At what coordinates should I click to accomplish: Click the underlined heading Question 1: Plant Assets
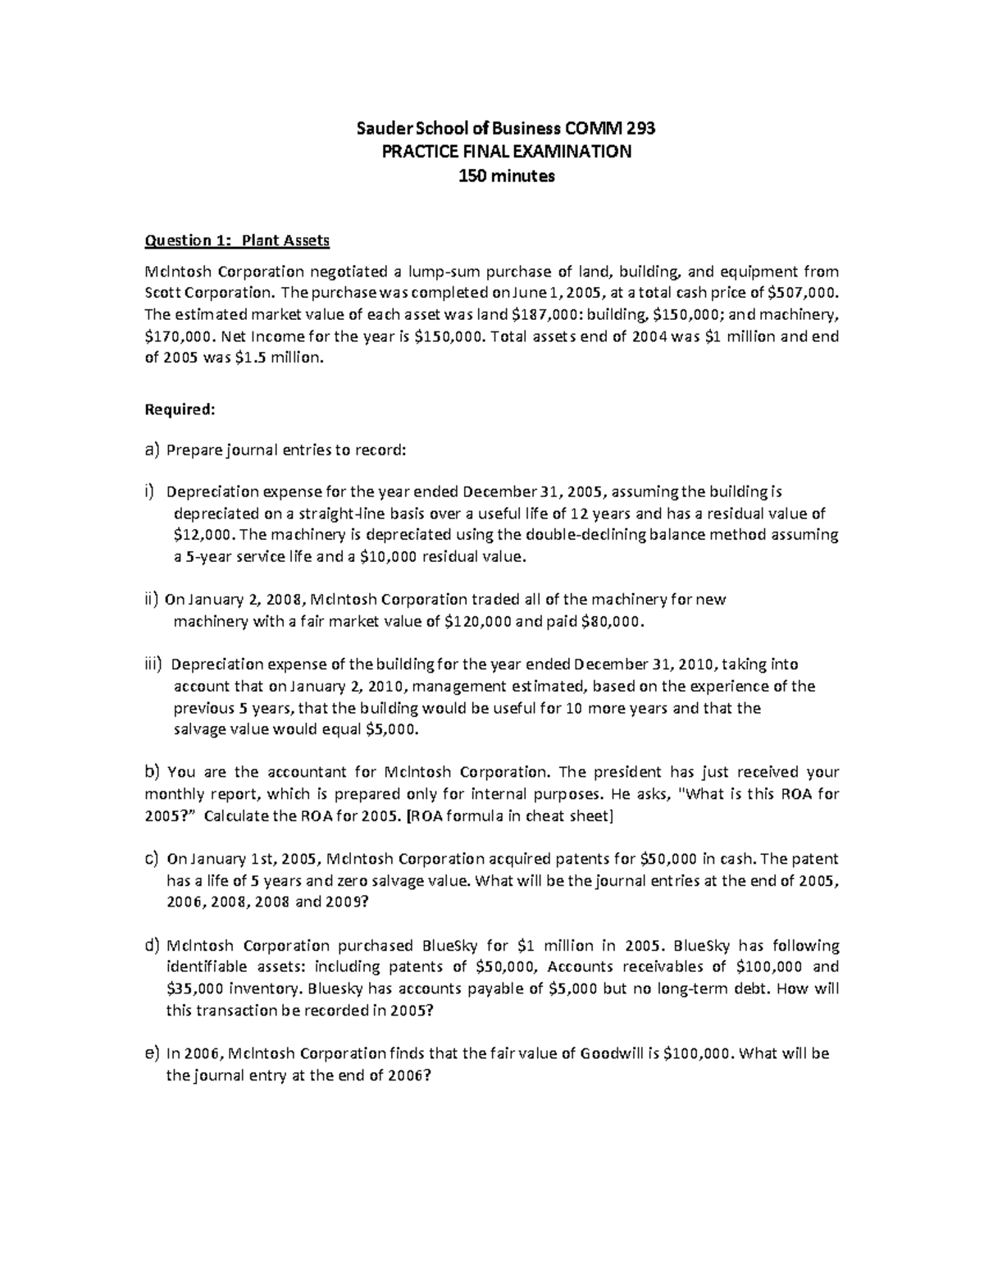click(x=237, y=240)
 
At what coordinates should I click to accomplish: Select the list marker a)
click(x=150, y=450)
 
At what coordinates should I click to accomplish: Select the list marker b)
click(x=151, y=771)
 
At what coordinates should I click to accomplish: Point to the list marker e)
click(x=151, y=1053)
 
